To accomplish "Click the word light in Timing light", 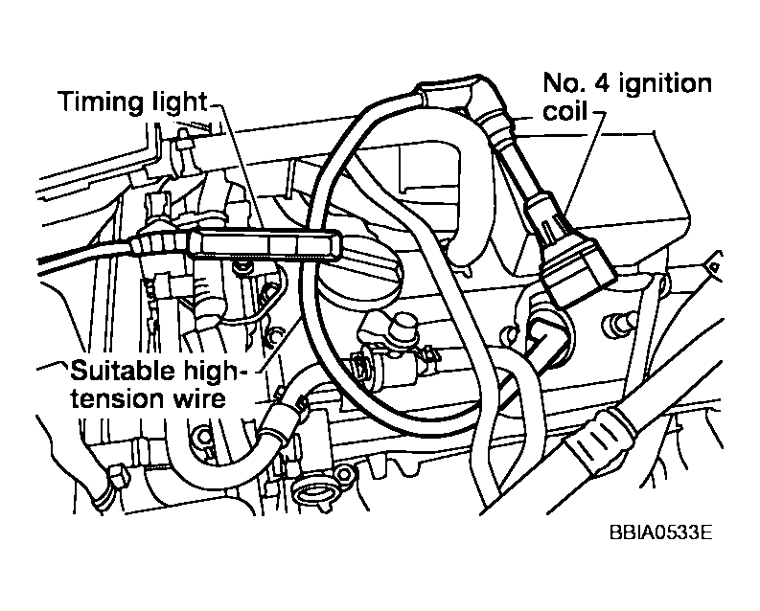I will pos(174,101).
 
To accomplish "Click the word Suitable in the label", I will pos(111,369).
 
